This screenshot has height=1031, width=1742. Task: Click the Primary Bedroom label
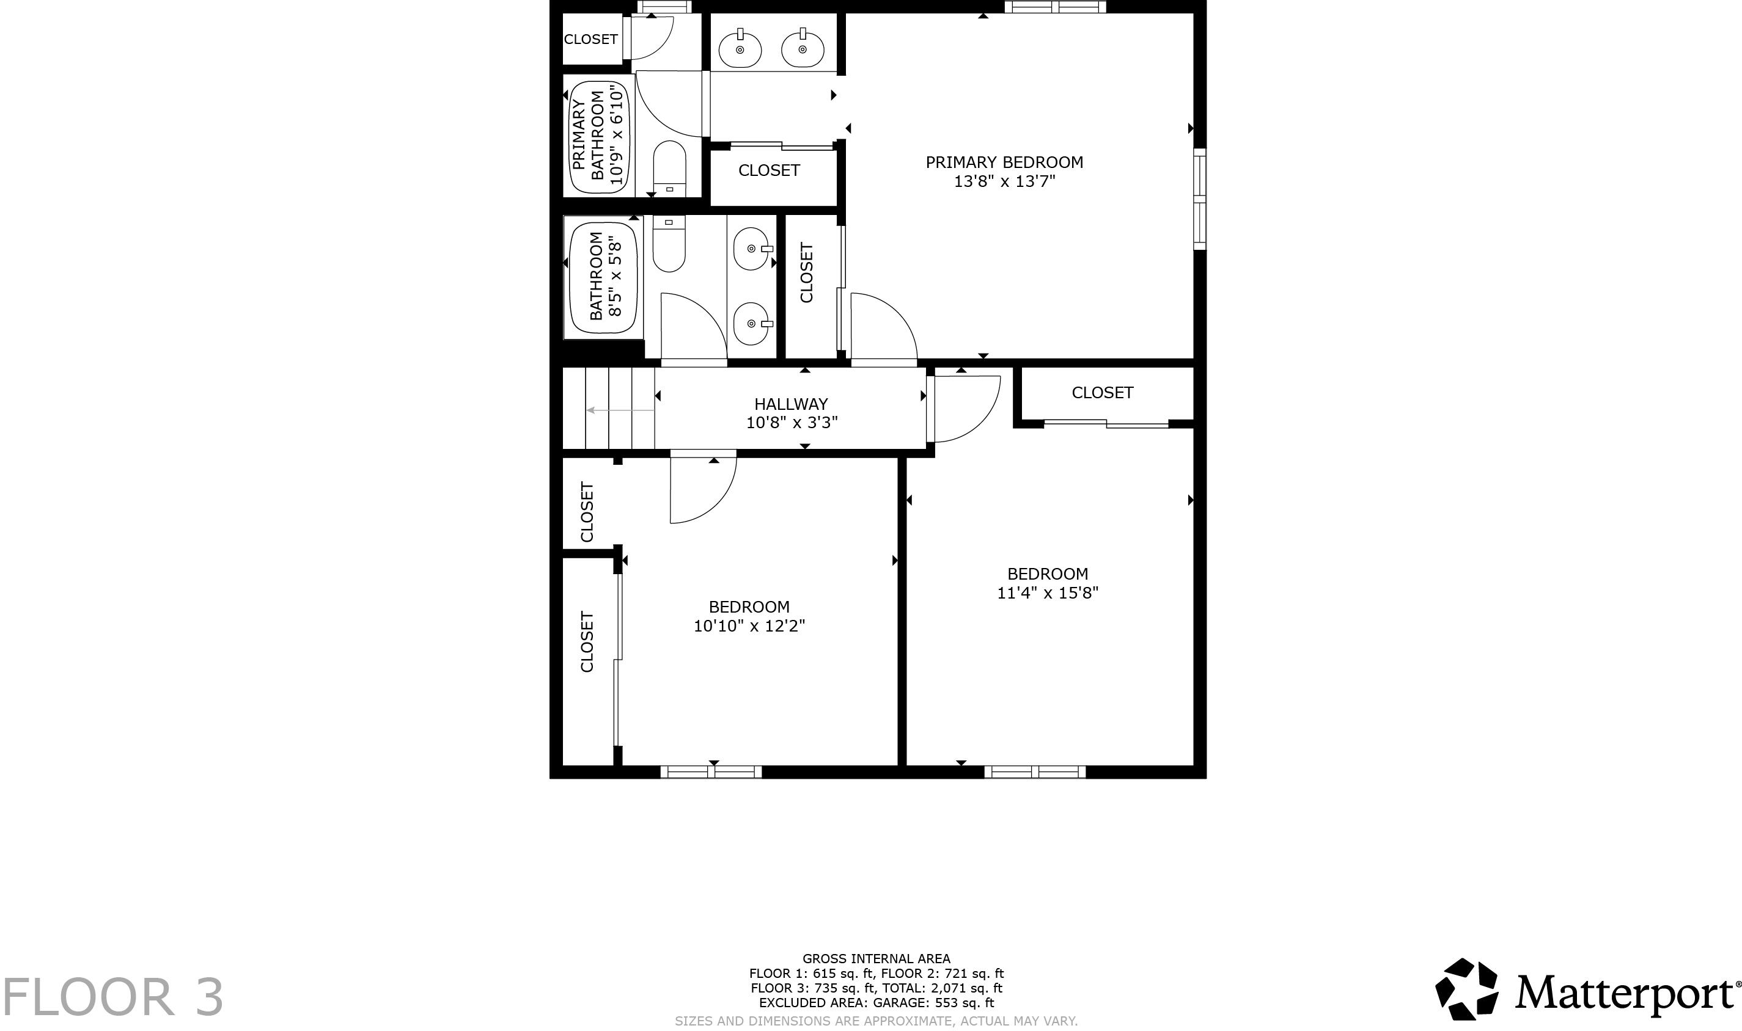pos(1004,162)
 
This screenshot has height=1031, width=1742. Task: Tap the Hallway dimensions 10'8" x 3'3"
pos(791,423)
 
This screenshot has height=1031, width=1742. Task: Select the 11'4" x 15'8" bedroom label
pos(1047,574)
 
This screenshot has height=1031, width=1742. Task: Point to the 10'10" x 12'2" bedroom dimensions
pos(749,626)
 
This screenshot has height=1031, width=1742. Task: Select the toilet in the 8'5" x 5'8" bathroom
pos(669,243)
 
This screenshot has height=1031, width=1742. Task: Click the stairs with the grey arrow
pos(609,409)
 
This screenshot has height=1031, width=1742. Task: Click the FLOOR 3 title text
pos(112,997)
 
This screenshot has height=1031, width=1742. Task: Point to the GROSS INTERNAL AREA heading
pos(876,959)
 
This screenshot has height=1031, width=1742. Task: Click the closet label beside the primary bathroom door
pos(590,39)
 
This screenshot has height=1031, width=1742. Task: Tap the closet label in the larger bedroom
pos(1102,393)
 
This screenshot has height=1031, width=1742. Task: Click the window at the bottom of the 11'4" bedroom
pos(1034,771)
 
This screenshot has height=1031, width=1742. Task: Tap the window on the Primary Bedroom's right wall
pos(1199,199)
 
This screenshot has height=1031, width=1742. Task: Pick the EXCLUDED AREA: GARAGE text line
pos(876,1002)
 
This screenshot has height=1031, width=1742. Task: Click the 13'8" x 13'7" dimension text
pos(1004,182)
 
